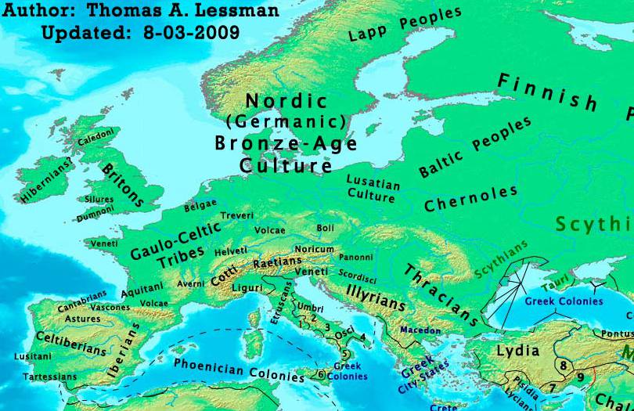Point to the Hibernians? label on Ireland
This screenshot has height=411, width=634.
coord(47,181)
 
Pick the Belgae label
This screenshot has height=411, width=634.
coord(200,207)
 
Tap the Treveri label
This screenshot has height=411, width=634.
coord(238,215)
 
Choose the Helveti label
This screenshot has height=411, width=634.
coord(231,251)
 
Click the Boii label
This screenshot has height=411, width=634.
coord(325,228)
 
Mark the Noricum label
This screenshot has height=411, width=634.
coord(319,248)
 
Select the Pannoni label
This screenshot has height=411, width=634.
coord(356,256)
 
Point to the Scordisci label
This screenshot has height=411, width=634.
coord(358,275)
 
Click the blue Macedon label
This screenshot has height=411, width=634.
coord(420,330)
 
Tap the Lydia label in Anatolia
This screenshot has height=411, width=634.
coord(518,351)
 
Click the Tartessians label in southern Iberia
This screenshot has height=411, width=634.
coord(49,377)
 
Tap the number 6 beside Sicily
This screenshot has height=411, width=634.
coord(321,374)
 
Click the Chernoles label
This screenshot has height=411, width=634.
coord(470,198)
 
